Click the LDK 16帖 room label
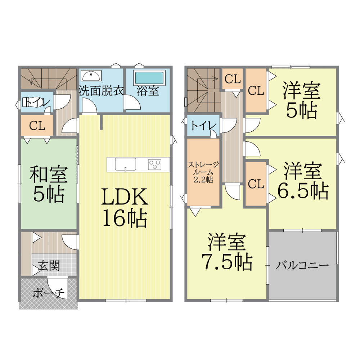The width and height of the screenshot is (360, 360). click(125, 207)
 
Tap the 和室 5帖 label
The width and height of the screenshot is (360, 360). click(49, 184)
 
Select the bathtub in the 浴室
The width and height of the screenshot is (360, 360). click(149, 78)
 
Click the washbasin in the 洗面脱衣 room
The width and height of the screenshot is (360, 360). click(91, 76)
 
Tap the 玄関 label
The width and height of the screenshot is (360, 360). click(49, 266)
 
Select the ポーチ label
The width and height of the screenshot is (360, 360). click(48, 293)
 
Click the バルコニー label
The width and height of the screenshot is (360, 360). click(302, 265)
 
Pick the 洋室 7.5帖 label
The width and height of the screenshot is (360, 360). click(227, 252)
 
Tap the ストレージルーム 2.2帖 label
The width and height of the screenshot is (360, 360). click(203, 172)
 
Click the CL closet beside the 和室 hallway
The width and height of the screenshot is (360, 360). click(37, 126)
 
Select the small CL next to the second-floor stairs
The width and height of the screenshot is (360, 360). click(233, 79)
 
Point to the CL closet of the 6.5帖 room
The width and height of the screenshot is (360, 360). click(256, 184)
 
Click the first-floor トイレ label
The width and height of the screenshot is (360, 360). click(36, 102)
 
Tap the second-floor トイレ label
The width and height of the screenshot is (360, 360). click(203, 126)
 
